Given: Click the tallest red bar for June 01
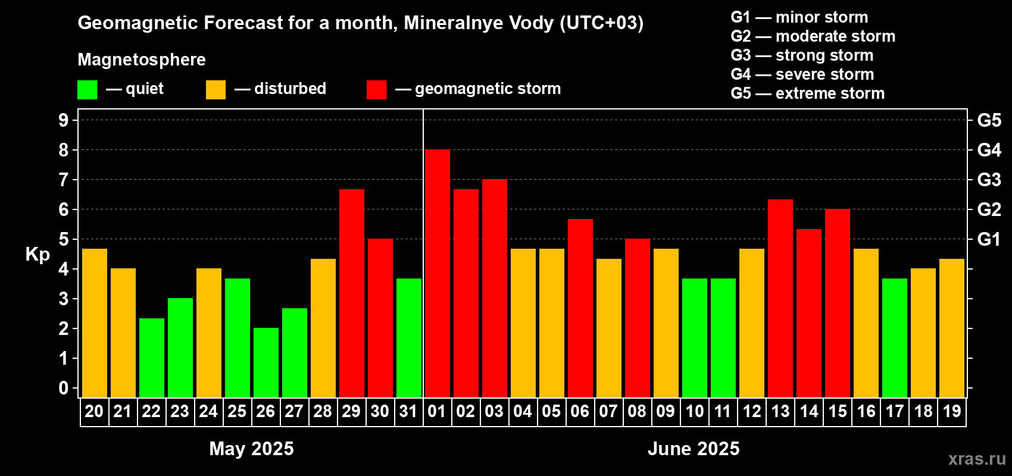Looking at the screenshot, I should (437, 274).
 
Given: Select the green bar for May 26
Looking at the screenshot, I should (266, 362).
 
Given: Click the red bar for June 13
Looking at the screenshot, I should (780, 298).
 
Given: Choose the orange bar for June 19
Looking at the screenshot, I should (951, 328).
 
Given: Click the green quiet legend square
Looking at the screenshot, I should (87, 90).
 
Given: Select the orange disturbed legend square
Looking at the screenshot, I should (215, 90).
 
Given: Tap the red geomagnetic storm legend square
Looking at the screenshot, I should (376, 90).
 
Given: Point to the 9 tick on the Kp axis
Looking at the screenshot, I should (64, 120).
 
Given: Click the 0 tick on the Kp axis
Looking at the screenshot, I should (64, 389).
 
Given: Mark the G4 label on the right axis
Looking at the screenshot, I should (989, 150).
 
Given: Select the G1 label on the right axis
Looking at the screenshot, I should (989, 239).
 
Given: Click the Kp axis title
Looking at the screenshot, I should (38, 255).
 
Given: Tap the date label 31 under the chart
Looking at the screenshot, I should (408, 411).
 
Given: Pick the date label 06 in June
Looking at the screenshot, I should (580, 411).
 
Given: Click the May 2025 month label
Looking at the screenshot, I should (251, 449).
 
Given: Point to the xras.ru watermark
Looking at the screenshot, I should (977, 459).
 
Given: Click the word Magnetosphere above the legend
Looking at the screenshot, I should (142, 59).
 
